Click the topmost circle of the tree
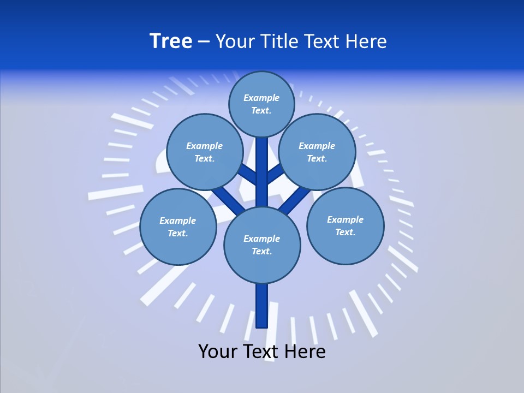[261, 104]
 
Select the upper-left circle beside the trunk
[205, 152]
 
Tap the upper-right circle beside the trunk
[317, 152]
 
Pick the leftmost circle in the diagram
[178, 227]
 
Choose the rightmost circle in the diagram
[346, 226]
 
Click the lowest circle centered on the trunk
[262, 245]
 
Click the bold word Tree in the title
[171, 41]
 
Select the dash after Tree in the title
[204, 41]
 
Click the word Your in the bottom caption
[217, 351]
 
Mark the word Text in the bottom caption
[260, 351]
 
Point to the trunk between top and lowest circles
[262, 172]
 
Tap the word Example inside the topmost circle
[261, 98]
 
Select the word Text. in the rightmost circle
[345, 232]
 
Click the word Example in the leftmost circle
[177, 221]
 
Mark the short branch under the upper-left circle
[247, 175]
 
